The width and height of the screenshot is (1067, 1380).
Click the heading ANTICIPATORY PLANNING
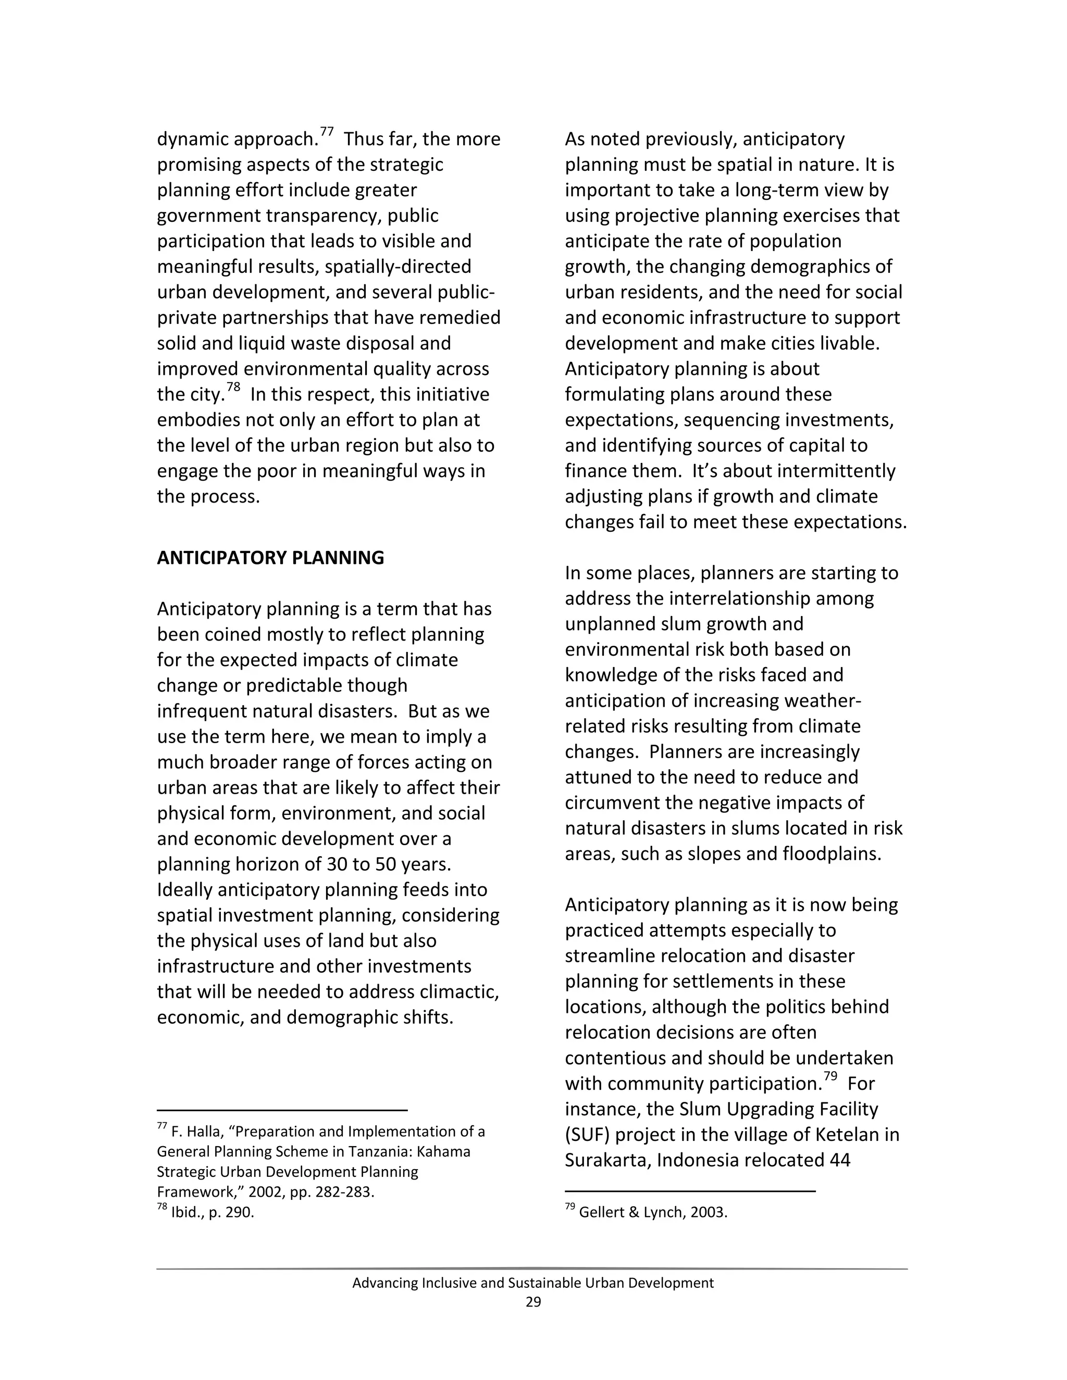(270, 558)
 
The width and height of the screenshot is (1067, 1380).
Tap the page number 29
(533, 1302)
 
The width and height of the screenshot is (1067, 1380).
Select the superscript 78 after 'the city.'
(233, 387)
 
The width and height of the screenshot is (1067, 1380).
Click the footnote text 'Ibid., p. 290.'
(213, 1212)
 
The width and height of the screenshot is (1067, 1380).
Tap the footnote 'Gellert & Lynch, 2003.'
(653, 1212)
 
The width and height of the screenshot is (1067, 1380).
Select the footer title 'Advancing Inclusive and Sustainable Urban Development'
(533, 1283)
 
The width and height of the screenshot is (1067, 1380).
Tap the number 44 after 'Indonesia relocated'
(840, 1161)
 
